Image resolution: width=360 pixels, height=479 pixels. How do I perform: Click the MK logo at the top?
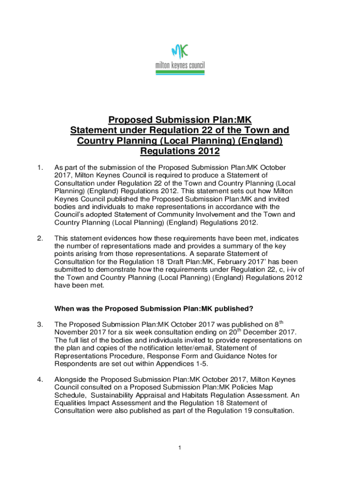[180, 51]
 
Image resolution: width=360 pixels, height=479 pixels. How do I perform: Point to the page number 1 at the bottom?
[180, 449]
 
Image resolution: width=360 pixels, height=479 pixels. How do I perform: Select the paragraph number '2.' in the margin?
[40, 239]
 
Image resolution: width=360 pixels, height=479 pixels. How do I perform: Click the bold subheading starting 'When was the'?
[154, 308]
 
